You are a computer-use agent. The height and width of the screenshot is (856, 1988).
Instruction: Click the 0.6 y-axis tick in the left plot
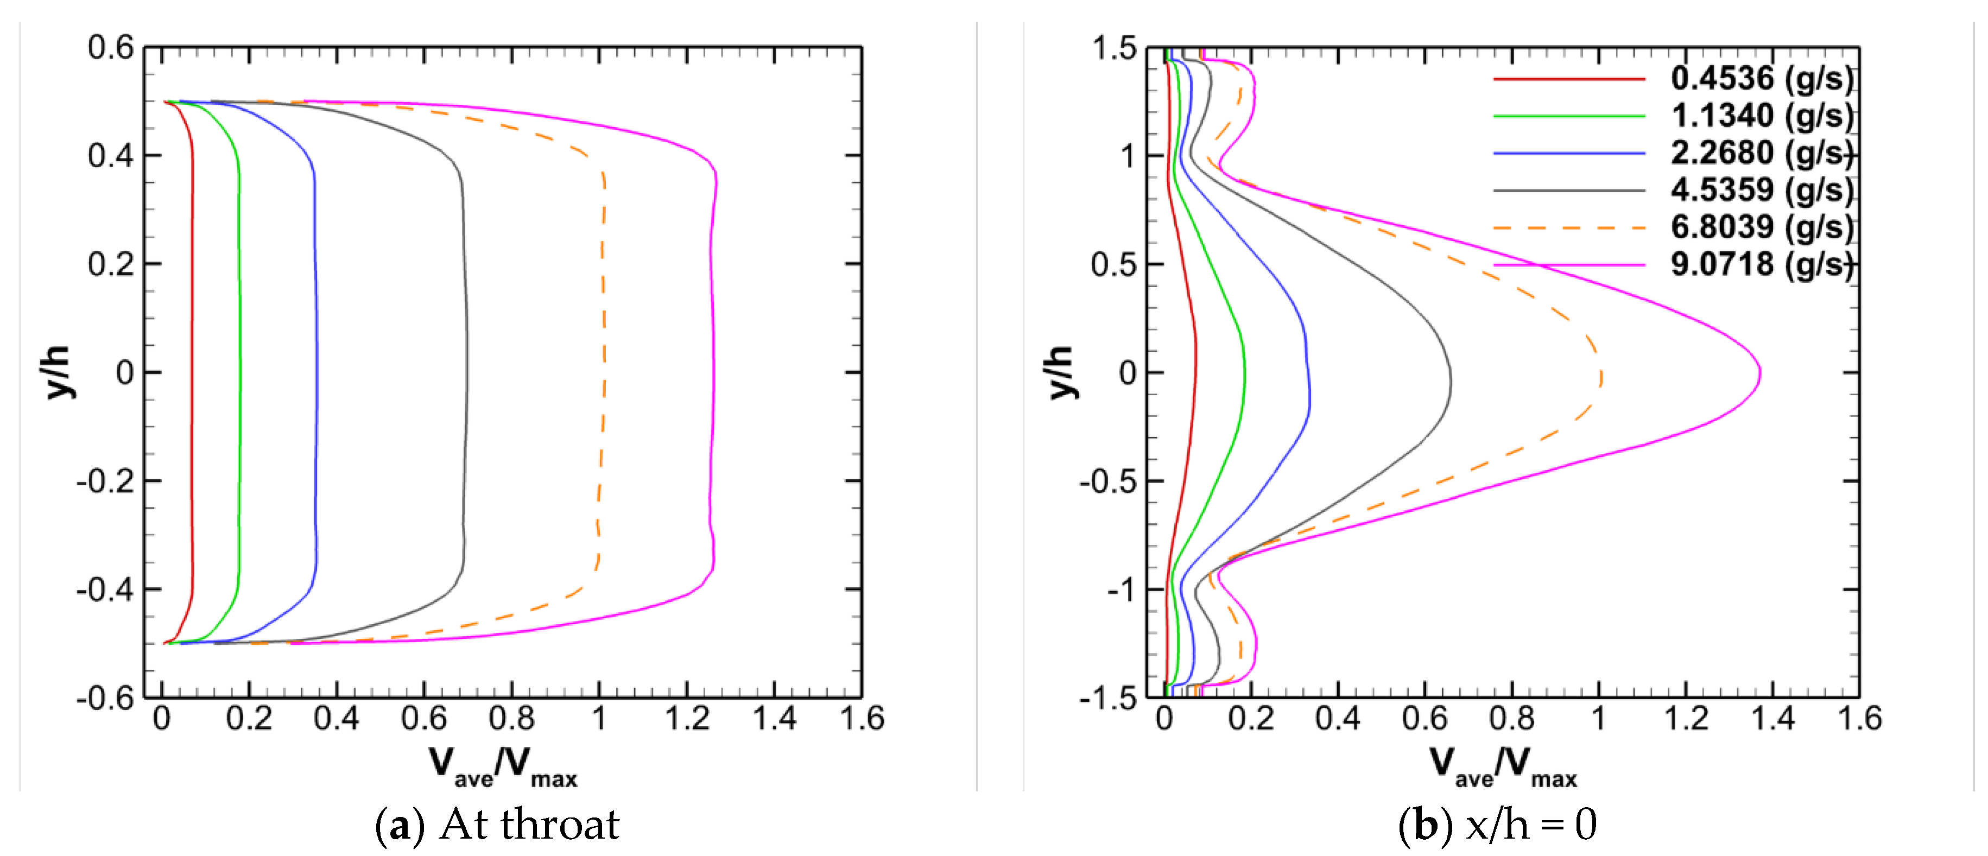tap(110, 48)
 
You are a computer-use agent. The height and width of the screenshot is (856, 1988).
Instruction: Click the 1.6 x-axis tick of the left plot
tap(861, 719)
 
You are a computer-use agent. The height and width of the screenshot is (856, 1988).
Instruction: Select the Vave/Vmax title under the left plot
tap(503, 766)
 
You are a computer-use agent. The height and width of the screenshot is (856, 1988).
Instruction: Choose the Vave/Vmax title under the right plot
tap(1503, 766)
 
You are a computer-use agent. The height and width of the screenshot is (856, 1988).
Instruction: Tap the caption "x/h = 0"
tap(1530, 825)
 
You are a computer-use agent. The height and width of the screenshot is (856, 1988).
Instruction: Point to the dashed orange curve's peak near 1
tap(1601, 378)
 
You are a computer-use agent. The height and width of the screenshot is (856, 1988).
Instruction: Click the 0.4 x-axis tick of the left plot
tap(337, 719)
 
